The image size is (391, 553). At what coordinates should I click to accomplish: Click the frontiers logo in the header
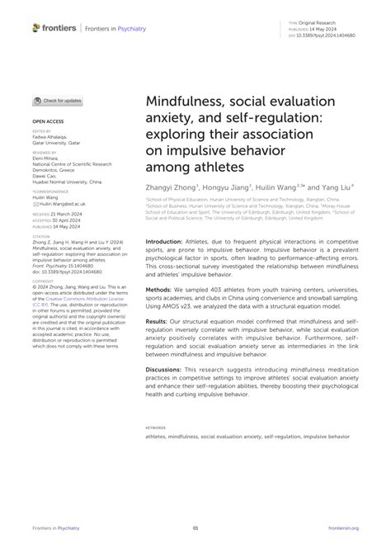(54, 27)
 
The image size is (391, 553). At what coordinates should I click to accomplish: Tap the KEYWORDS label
(156, 428)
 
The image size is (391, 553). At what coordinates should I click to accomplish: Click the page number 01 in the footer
(195, 527)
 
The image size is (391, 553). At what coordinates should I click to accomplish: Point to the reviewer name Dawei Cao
(46, 175)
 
